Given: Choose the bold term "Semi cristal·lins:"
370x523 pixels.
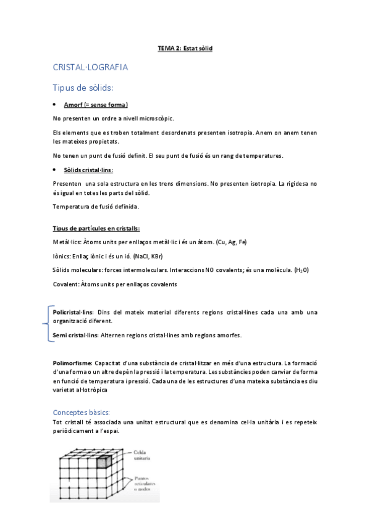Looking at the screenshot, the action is (x=75, y=336).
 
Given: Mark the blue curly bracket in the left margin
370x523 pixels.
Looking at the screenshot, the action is (x=46, y=323).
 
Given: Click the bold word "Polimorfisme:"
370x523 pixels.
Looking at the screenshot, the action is (x=73, y=363).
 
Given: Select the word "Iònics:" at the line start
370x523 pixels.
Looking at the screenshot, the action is (x=62, y=256).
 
